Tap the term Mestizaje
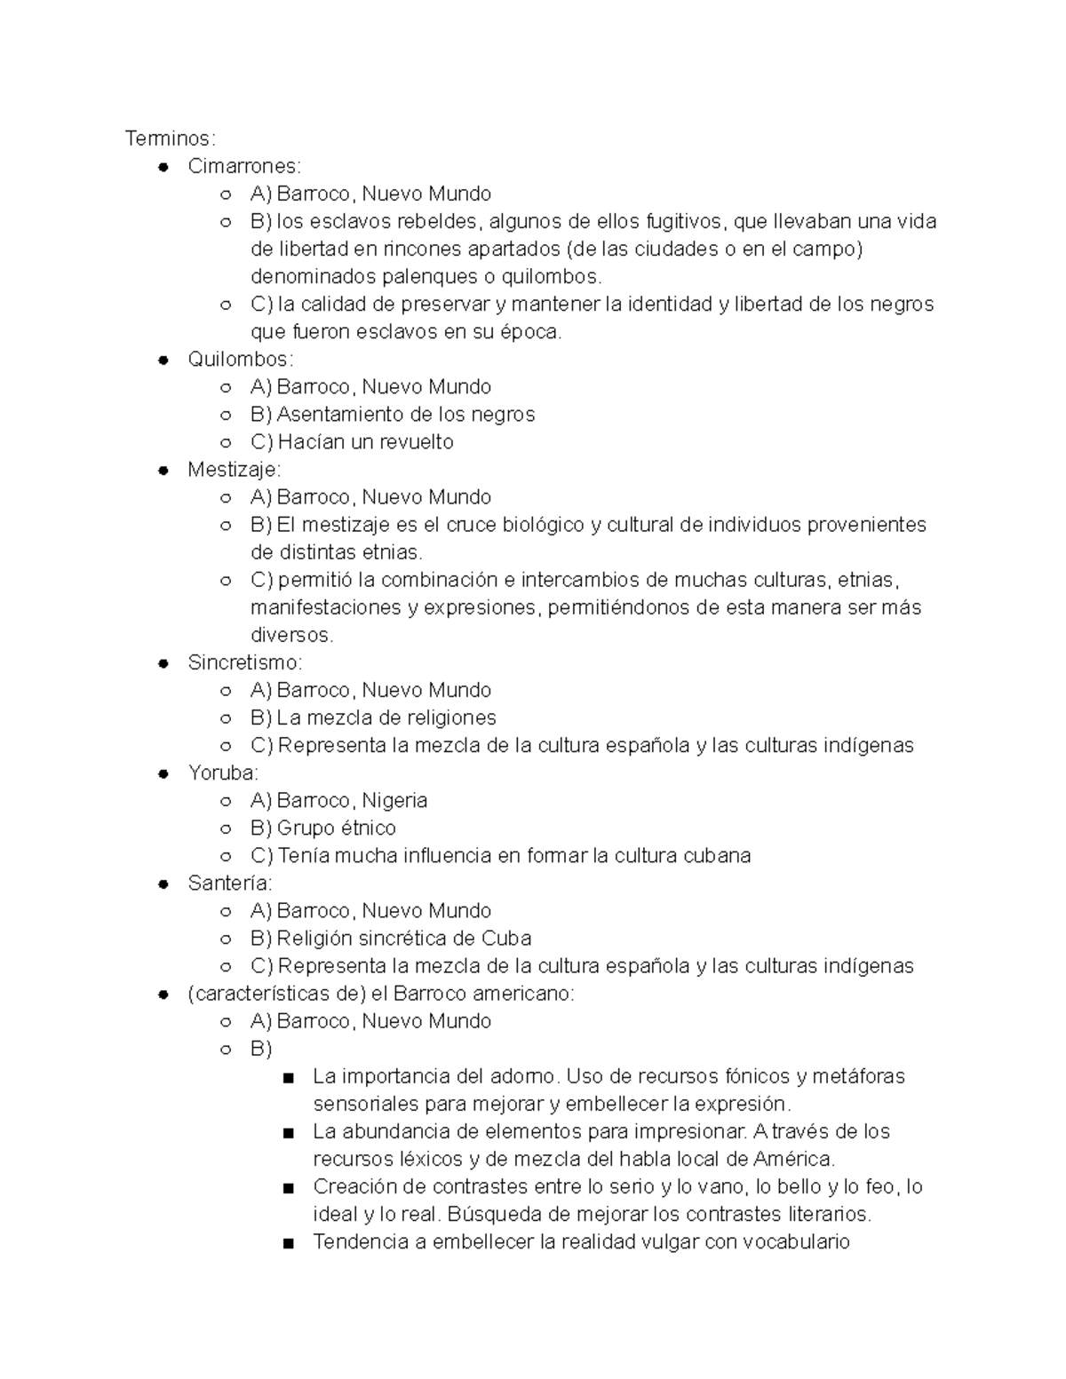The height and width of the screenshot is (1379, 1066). coord(233,469)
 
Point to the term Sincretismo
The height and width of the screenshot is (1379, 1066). coord(244,662)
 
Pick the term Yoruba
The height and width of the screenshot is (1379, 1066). coord(222,773)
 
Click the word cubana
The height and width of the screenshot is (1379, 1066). coord(717,855)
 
